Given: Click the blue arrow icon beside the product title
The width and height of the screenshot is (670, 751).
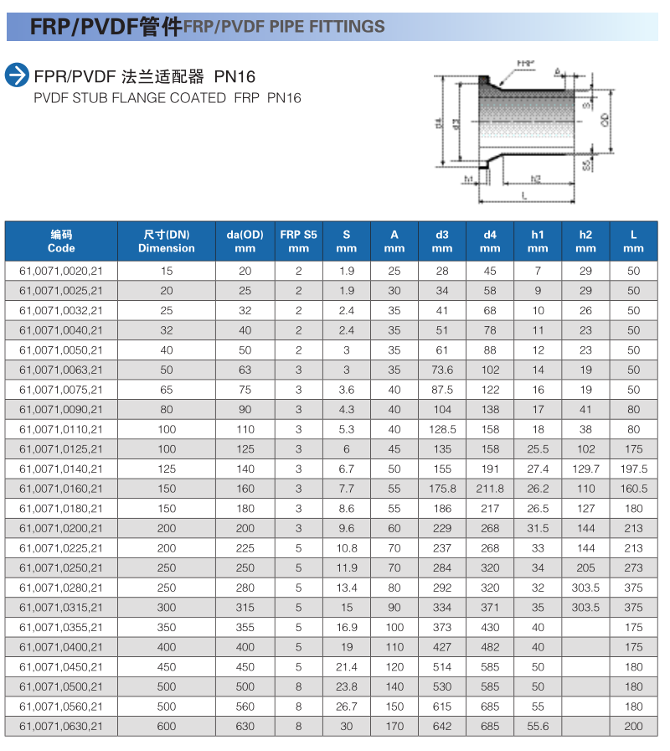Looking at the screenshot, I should click(x=17, y=75).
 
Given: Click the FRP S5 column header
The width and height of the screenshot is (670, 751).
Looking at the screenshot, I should click(x=299, y=241).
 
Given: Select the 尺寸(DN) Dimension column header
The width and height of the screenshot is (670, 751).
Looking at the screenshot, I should click(x=167, y=241).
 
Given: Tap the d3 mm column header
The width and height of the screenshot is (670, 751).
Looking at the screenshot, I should click(x=442, y=241).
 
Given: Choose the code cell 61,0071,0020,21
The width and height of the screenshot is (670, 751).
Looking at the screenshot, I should click(x=61, y=272).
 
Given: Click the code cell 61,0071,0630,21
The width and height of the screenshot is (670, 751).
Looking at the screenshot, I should click(x=61, y=727).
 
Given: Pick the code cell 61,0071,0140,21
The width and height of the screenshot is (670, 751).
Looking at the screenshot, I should click(x=61, y=469).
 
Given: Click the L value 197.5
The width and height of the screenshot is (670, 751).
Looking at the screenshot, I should click(x=634, y=469).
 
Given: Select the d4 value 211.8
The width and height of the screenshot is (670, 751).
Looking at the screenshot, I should click(x=490, y=489).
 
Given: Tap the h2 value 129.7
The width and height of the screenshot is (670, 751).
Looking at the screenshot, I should click(x=586, y=469).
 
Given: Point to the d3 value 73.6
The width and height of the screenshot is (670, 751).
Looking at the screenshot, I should click(x=442, y=370).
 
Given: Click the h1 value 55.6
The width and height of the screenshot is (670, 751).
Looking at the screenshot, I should click(x=538, y=727).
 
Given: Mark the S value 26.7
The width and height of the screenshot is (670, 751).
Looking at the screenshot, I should click(x=347, y=707).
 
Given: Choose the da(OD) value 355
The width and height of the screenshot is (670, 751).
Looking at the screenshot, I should click(x=245, y=628).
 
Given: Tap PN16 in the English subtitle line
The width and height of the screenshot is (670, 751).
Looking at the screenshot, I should click(x=284, y=98).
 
